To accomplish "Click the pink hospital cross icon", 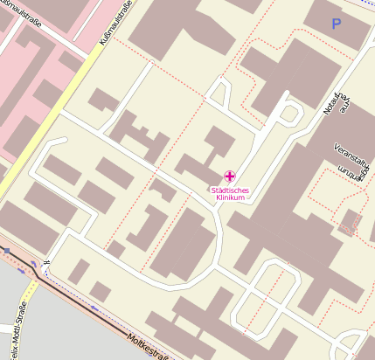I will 229,177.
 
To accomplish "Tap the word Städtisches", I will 229,190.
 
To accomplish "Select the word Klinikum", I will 229,198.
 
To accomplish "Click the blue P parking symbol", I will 336,24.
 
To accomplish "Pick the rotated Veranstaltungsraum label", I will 351,161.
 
